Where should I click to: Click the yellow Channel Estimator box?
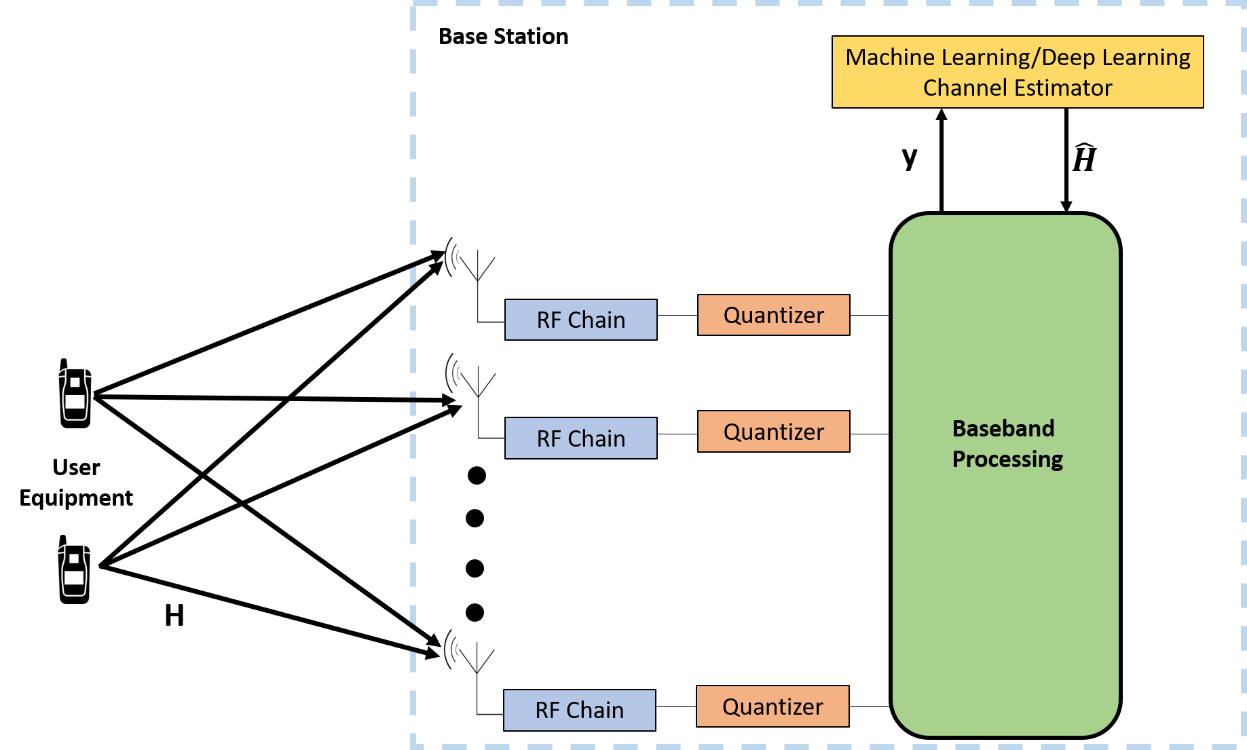tap(1017, 72)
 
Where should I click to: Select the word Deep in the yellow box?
tap(1068, 58)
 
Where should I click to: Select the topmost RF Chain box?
tap(580, 320)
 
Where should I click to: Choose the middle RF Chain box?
tap(580, 438)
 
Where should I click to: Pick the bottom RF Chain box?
tap(579, 710)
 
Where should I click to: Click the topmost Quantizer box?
tap(773, 315)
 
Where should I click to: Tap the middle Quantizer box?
tap(773, 432)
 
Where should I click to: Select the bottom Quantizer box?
tap(773, 707)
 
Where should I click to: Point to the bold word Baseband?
tap(1003, 429)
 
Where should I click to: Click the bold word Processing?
tap(1007, 460)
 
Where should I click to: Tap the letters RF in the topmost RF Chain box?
tap(548, 320)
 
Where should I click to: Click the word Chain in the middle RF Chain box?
tap(596, 439)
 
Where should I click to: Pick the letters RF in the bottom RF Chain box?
tap(547, 711)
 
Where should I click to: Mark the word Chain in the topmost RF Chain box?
tap(596, 320)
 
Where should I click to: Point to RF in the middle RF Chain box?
tap(548, 439)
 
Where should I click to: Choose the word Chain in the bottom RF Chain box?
tap(595, 711)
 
